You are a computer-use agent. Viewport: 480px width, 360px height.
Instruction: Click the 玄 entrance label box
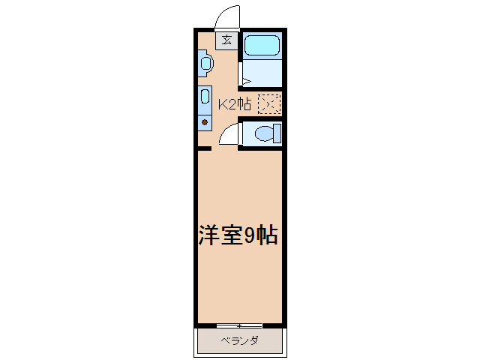(x=226, y=40)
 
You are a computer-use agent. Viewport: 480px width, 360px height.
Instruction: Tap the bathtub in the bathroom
(x=262, y=45)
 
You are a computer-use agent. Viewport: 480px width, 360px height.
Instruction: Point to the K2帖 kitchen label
(x=234, y=104)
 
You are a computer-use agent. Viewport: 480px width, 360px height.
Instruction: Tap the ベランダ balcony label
(x=240, y=341)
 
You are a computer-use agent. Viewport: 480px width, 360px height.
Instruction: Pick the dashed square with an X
(x=268, y=104)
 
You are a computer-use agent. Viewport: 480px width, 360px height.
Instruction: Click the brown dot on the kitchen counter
(x=204, y=121)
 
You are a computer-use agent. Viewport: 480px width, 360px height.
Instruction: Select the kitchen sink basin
(x=205, y=97)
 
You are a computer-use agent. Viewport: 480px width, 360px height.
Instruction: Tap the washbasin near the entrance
(x=206, y=64)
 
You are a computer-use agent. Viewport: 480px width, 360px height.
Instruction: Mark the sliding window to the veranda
(x=239, y=325)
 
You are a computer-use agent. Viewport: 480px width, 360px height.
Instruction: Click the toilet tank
(x=277, y=134)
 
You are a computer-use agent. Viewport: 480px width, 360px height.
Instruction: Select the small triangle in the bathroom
(x=244, y=81)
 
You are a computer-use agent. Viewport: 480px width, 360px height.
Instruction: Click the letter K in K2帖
(x=222, y=104)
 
